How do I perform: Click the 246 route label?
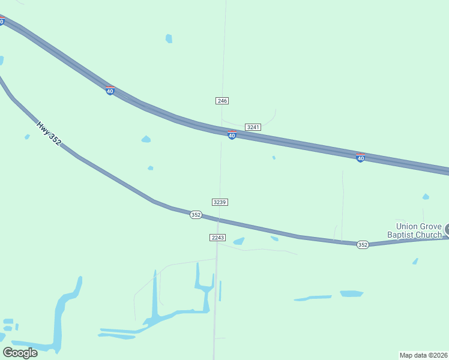click(x=222, y=101)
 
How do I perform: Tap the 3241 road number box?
click(x=253, y=127)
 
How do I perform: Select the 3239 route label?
click(x=220, y=202)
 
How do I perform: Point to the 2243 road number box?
click(x=218, y=238)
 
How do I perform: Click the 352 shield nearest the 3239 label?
click(x=196, y=215)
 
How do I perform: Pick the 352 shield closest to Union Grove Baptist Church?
click(x=363, y=245)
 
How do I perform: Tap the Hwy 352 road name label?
click(x=49, y=134)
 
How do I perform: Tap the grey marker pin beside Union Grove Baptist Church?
click(x=447, y=229)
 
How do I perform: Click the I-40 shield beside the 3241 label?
click(x=232, y=136)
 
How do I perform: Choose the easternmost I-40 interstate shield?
click(x=360, y=158)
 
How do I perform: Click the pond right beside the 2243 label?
click(x=239, y=241)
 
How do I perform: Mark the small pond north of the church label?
click(x=426, y=197)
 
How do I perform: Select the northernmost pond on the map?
click(x=169, y=38)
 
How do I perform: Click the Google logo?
click(x=20, y=352)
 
